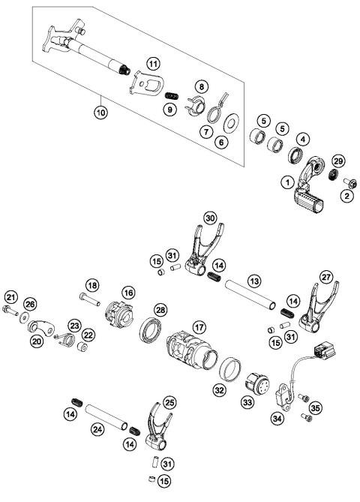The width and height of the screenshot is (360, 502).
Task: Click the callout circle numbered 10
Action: tap(100, 113)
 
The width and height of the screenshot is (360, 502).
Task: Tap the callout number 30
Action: tap(210, 218)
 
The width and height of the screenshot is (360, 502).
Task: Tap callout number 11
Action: tap(153, 63)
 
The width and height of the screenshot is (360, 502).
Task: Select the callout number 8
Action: tap(202, 88)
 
